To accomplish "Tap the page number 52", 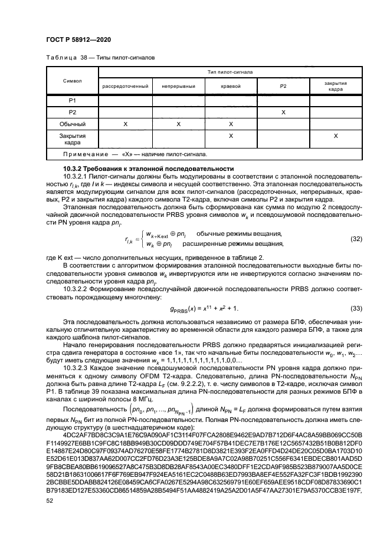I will point(50,501).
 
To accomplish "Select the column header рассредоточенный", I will point(125,86).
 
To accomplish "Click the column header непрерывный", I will point(179,86).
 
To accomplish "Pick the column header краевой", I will point(231,86).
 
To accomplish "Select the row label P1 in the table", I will point(71,100).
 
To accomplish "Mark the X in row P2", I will point(283,112).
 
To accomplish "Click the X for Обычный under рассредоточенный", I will point(125,124).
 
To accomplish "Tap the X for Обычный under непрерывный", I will point(179,124).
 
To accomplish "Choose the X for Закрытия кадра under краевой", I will point(231,136).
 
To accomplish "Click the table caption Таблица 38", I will point(65,59).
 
